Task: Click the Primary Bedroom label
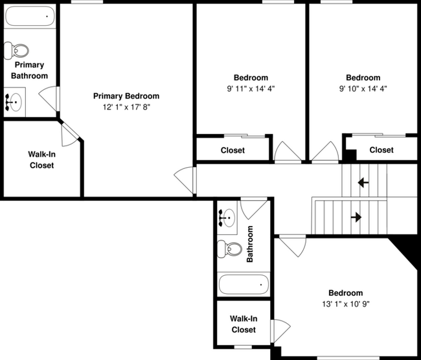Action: click(126, 96)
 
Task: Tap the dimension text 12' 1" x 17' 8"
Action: click(126, 107)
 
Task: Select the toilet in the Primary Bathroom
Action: click(17, 50)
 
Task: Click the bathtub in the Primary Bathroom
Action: click(30, 15)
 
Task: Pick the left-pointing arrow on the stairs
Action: click(363, 183)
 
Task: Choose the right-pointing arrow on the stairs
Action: click(356, 217)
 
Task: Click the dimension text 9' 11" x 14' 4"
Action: click(251, 89)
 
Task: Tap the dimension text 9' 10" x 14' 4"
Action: click(363, 89)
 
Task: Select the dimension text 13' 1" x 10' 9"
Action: click(345, 304)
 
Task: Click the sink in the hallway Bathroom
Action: click(227, 218)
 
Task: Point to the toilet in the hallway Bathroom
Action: click(229, 248)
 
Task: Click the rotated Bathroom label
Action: click(251, 244)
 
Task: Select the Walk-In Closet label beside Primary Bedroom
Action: click(41, 160)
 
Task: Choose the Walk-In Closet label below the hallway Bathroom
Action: click(244, 324)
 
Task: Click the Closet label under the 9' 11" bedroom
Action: click(233, 150)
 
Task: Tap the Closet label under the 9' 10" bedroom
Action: click(381, 150)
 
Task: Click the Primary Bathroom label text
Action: click(29, 70)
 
